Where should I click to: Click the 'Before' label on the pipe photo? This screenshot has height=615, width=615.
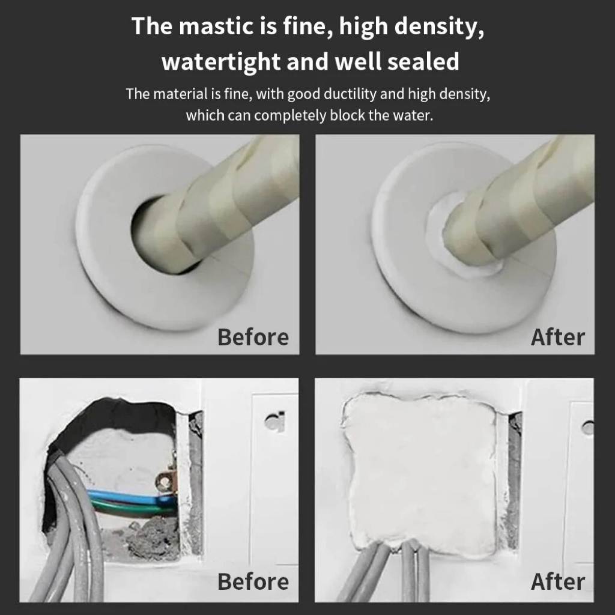pos(253,338)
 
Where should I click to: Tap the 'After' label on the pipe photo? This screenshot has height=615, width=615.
pos(557,338)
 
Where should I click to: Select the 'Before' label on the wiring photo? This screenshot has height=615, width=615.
pos(253,581)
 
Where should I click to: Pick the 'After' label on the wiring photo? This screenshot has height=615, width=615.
pos(557,581)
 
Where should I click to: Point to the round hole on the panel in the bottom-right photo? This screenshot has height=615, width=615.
pos(587,428)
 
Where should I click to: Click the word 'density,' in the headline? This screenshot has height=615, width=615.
pos(439,26)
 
